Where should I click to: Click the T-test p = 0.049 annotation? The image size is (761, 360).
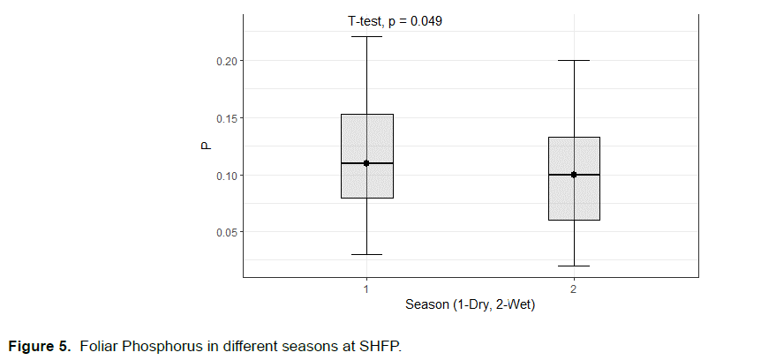(x=395, y=21)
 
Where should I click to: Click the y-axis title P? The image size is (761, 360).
(x=205, y=146)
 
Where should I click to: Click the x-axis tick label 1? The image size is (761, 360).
(x=366, y=289)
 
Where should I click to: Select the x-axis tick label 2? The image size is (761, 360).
(x=574, y=289)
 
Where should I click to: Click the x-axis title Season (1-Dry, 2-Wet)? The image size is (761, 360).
(x=470, y=305)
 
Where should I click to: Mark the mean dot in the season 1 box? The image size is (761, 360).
(x=366, y=163)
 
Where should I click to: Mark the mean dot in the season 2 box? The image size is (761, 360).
(x=574, y=175)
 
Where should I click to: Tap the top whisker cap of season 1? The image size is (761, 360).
(x=366, y=36)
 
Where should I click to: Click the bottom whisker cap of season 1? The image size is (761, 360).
(x=366, y=254)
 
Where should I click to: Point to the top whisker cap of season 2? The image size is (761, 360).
(x=574, y=60)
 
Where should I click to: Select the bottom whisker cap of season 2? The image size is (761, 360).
(x=574, y=266)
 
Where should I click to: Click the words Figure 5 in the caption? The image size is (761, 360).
(x=41, y=343)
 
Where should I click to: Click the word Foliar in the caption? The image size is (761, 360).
(x=97, y=343)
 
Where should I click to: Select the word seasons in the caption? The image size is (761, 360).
(x=308, y=343)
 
